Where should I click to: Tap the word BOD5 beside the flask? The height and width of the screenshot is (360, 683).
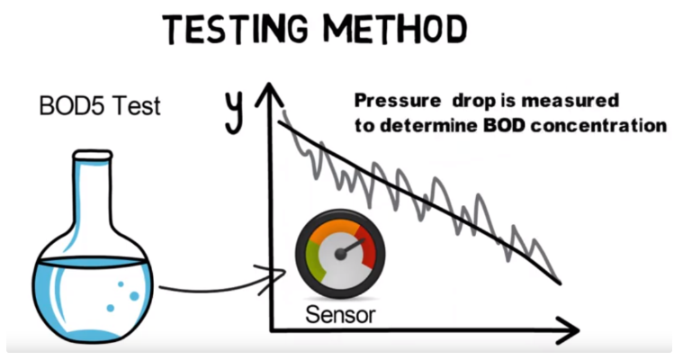(x=69, y=106)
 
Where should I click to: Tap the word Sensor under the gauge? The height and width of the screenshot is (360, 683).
(x=339, y=315)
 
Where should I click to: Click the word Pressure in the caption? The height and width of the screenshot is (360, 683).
(x=391, y=100)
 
